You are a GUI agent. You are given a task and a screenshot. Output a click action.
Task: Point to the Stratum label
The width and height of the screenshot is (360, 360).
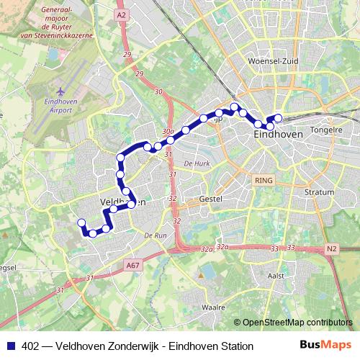click(320, 192)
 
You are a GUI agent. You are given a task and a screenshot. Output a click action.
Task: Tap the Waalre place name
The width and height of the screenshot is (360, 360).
click(213, 307)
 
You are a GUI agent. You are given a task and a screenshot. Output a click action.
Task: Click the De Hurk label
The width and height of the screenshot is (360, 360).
click(196, 163)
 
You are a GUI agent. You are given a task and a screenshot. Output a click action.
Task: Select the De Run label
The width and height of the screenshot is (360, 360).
click(155, 235)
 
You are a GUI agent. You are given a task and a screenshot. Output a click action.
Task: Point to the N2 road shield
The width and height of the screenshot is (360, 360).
click(331, 249)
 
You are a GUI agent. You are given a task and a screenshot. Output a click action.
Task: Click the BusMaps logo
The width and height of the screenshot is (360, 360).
click(327, 346)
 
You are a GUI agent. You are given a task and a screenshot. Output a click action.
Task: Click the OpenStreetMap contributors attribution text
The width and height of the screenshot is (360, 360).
click(296, 323)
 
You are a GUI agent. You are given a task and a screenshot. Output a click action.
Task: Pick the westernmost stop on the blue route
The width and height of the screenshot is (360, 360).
click(81, 222)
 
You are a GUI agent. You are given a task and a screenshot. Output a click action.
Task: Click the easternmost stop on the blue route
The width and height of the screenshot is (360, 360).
click(279, 118)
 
